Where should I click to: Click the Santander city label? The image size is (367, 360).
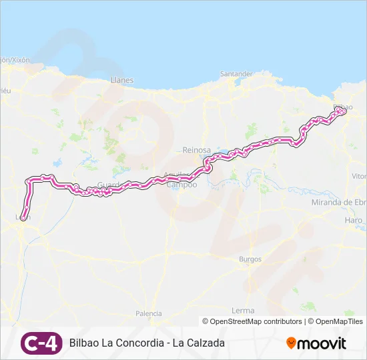point(236,73)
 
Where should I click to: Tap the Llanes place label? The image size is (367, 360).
point(122,80)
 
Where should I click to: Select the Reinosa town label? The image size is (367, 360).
point(196,151)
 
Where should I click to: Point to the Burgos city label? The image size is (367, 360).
point(250,259)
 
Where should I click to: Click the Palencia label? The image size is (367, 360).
point(148,313)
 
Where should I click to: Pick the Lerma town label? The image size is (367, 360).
point(243,311)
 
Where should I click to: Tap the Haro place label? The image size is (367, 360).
point(354,220)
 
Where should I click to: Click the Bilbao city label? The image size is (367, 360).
point(342,106)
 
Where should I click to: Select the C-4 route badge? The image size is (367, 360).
point(41,343)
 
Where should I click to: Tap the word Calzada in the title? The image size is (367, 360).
point(204,343)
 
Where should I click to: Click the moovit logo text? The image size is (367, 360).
point(322,343)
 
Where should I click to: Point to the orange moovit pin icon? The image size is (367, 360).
point(291,343)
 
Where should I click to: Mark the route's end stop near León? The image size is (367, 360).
point(24,217)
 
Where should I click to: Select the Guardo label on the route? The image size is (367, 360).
point(107,185)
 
